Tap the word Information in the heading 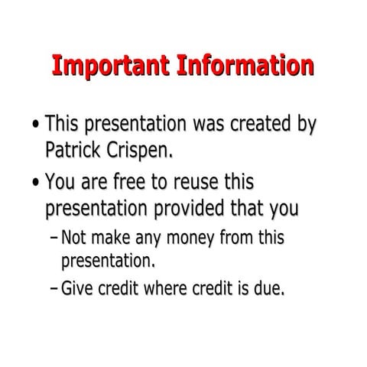coord(245,66)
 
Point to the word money coord(189,238)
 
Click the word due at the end coord(268,289)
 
